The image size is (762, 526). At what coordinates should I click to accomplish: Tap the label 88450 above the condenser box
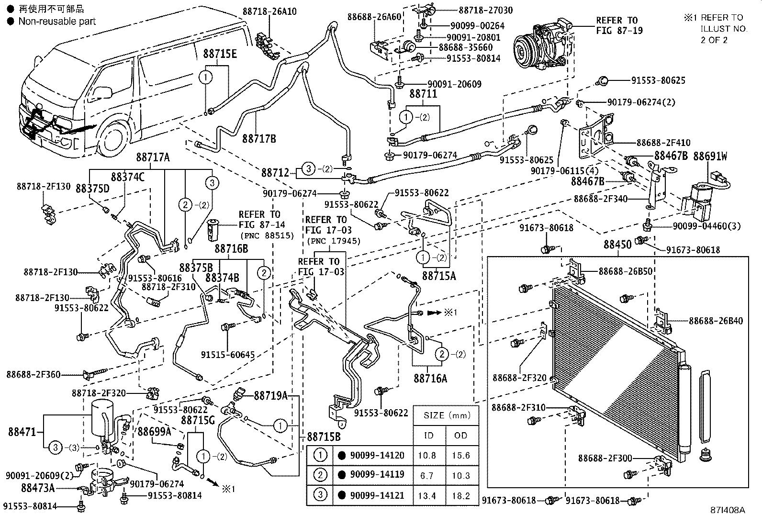click(x=617, y=245)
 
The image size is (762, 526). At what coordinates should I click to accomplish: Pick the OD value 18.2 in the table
click(x=460, y=496)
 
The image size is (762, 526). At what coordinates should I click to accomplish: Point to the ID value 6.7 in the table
click(x=426, y=475)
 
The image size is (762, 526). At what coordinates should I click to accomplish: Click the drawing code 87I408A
click(x=728, y=510)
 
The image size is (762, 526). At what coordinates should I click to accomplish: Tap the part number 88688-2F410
click(x=663, y=143)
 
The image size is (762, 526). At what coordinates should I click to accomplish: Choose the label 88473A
click(x=38, y=488)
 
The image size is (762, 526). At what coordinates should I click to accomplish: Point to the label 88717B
click(x=259, y=139)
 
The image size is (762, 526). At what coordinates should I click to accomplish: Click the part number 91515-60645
click(x=227, y=355)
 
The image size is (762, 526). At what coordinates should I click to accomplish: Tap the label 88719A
click(x=270, y=395)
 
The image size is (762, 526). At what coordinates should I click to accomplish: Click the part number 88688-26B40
click(x=716, y=321)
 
